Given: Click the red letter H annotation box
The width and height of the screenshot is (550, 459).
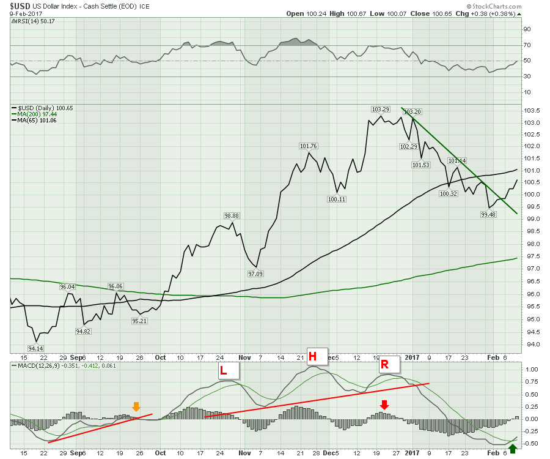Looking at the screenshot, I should point(312,356).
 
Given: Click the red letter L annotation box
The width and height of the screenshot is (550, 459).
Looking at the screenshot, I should point(224,370).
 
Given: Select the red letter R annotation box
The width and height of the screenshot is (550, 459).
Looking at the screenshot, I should point(384,365).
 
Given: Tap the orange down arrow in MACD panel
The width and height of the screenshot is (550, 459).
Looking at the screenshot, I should point(136,406).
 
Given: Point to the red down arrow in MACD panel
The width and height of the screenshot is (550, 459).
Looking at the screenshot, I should point(384,404).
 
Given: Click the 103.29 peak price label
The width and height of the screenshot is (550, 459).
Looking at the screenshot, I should point(381,109).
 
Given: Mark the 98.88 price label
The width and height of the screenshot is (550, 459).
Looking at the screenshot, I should point(232,216).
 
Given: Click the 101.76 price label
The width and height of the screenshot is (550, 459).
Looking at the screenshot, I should point(309,146).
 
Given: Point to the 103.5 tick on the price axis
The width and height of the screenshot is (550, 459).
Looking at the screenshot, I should point(533,110).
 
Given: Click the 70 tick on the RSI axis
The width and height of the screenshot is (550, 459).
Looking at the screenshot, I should point(526,45).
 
